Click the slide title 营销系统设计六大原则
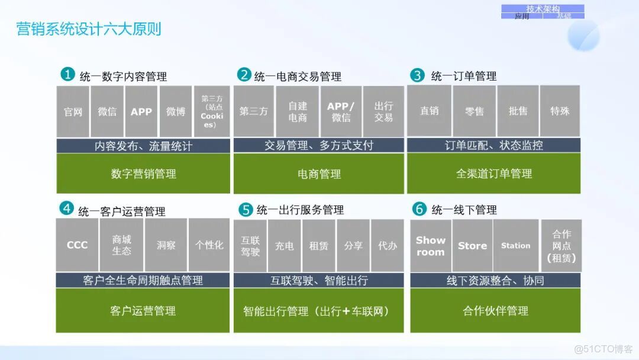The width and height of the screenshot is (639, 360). (89, 29)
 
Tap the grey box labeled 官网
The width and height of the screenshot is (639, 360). (73, 111)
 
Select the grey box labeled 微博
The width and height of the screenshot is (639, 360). (175, 111)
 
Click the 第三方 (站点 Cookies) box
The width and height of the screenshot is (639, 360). (212, 111)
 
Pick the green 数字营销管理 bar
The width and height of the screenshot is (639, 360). (143, 173)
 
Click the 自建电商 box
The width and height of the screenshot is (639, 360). (298, 111)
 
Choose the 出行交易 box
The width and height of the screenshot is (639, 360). (383, 111)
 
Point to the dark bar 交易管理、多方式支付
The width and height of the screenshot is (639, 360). (319, 146)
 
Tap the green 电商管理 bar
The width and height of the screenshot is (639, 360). (319, 173)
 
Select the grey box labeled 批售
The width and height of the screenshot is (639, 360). (518, 111)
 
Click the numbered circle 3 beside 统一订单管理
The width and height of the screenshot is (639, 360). (418, 75)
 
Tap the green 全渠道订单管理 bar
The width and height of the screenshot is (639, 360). (493, 173)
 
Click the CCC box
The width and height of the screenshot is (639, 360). (77, 245)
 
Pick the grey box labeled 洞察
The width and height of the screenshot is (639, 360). (166, 245)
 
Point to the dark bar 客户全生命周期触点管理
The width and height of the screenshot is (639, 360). (143, 280)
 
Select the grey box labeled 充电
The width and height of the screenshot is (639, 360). (285, 246)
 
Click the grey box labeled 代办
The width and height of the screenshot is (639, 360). (388, 246)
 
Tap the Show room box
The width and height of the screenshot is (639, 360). (430, 246)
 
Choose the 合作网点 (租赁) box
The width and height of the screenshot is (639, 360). (561, 246)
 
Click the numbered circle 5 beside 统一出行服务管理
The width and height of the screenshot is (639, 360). (246, 209)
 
